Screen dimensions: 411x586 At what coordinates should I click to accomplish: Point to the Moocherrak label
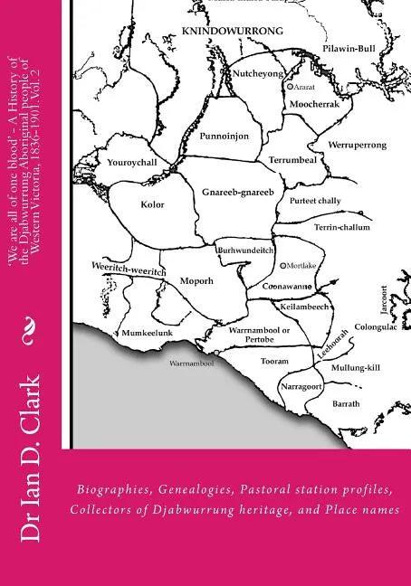(x=311, y=104)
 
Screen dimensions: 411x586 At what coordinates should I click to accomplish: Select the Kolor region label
(x=152, y=204)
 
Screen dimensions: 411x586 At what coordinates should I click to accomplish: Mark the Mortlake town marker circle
(x=283, y=266)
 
